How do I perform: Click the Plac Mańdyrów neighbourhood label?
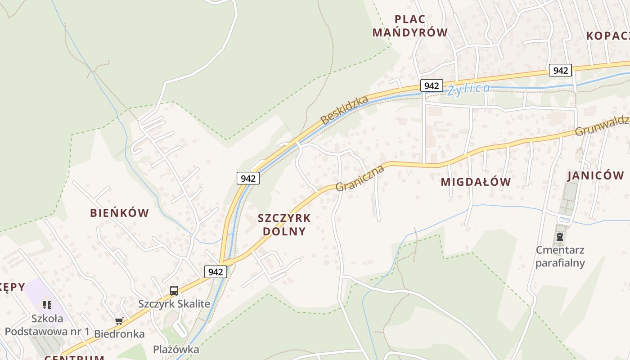pyautogui.click(x=410, y=26)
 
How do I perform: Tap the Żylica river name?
pyautogui.click(x=469, y=89)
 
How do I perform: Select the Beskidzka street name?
pyautogui.click(x=344, y=110)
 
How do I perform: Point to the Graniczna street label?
pyautogui.click(x=360, y=178)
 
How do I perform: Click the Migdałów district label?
pyautogui.click(x=476, y=182)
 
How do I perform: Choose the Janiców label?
pyautogui.click(x=595, y=175)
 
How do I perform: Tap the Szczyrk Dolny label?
pyautogui.click(x=284, y=225)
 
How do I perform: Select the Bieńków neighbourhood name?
pyautogui.click(x=119, y=213)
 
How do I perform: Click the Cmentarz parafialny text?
pyautogui.click(x=560, y=256)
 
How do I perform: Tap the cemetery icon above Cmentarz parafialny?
pyautogui.click(x=560, y=236)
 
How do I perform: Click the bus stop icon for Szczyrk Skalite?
pyautogui.click(x=174, y=291)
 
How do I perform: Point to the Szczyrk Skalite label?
pyautogui.click(x=174, y=304)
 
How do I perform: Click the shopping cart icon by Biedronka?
pyautogui.click(x=119, y=321)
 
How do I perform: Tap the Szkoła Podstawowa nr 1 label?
pyautogui.click(x=47, y=325)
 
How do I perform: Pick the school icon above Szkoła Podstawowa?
pyautogui.click(x=47, y=305)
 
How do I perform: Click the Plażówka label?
pyautogui.click(x=176, y=349)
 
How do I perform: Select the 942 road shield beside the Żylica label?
pyautogui.click(x=431, y=85)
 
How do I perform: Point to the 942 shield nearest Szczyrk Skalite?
pyautogui.click(x=216, y=272)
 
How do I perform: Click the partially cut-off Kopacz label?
pyautogui.click(x=607, y=36)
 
